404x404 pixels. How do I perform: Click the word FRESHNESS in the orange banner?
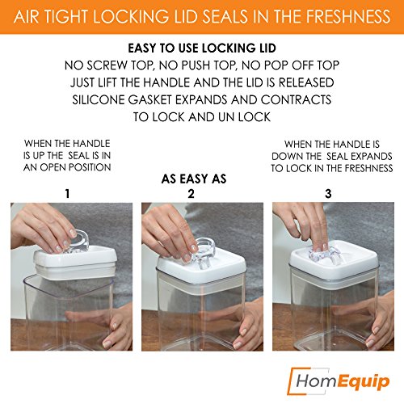[348, 17]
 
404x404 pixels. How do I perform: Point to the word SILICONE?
[99, 100]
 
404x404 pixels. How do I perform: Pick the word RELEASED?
[306, 82]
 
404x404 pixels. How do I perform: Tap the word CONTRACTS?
[296, 100]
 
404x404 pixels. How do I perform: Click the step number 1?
[67, 194]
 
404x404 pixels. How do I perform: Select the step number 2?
[191, 194]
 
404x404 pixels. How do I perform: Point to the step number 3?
[328, 194]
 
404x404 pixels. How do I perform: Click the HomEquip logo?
[339, 381]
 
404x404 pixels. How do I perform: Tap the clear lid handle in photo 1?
[78, 241]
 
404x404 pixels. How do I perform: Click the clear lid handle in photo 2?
[204, 253]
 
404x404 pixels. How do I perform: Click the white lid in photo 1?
[75, 262]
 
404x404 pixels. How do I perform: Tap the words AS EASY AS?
[194, 179]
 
